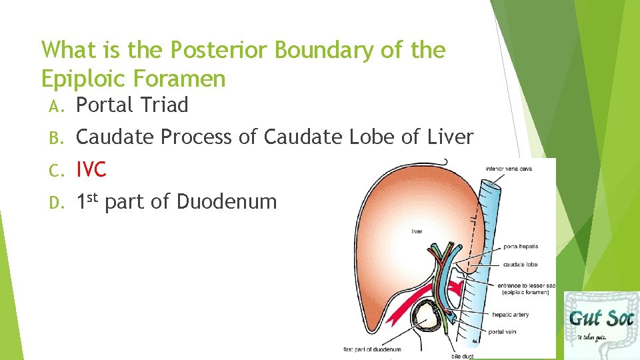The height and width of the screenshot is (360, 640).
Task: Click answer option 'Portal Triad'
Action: click(132, 105)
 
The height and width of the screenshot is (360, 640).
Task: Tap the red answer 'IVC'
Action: click(91, 170)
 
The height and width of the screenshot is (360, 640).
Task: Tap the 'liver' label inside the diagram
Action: click(416, 232)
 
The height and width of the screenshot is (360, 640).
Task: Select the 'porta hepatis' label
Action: click(521, 247)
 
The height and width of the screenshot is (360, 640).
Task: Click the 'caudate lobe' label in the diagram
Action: click(521, 264)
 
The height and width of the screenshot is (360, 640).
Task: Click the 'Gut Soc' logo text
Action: click(600, 317)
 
